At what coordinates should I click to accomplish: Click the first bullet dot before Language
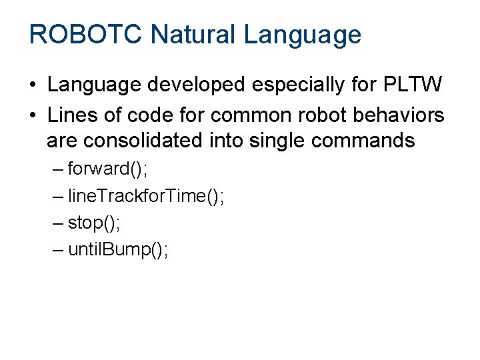click(32, 86)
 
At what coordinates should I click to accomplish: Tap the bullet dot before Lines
click(32, 115)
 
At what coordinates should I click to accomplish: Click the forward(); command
click(108, 169)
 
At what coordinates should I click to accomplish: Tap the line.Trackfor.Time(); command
click(146, 196)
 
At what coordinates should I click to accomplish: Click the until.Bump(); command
click(119, 250)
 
